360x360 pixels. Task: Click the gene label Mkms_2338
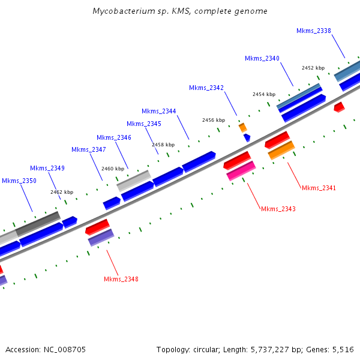point(313,31)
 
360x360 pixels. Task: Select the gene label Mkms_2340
point(262,58)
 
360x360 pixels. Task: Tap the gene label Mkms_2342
point(206,88)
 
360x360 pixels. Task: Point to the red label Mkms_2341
point(319,188)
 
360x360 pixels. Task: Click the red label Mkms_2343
point(278,209)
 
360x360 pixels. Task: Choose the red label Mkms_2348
point(121,279)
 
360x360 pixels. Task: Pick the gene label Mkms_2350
point(19,181)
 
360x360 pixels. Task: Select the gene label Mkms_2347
point(88,149)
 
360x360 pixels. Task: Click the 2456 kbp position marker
point(214,120)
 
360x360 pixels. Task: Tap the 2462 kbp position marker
point(62,192)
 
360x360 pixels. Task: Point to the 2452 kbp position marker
point(313,68)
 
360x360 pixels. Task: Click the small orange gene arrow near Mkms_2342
point(243,127)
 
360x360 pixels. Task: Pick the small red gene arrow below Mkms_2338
point(339,107)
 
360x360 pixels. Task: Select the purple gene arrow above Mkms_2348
point(101,238)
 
